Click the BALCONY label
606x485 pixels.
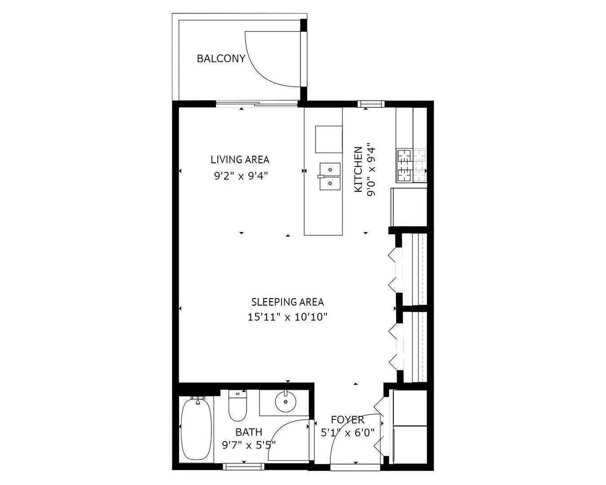(x=221, y=58)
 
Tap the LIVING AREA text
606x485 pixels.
(x=240, y=159)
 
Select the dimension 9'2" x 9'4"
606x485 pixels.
(x=241, y=176)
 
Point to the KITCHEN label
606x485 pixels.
(x=358, y=170)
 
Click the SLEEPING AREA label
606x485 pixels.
(x=287, y=302)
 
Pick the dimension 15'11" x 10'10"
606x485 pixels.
(x=287, y=317)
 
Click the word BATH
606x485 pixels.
(x=249, y=432)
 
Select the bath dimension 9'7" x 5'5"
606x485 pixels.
(x=249, y=445)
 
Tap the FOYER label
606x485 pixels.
(x=347, y=420)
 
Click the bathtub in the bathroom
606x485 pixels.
(x=196, y=428)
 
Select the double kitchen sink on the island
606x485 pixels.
(x=330, y=176)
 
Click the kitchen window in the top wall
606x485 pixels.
(x=371, y=104)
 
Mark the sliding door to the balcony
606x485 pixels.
(x=257, y=105)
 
